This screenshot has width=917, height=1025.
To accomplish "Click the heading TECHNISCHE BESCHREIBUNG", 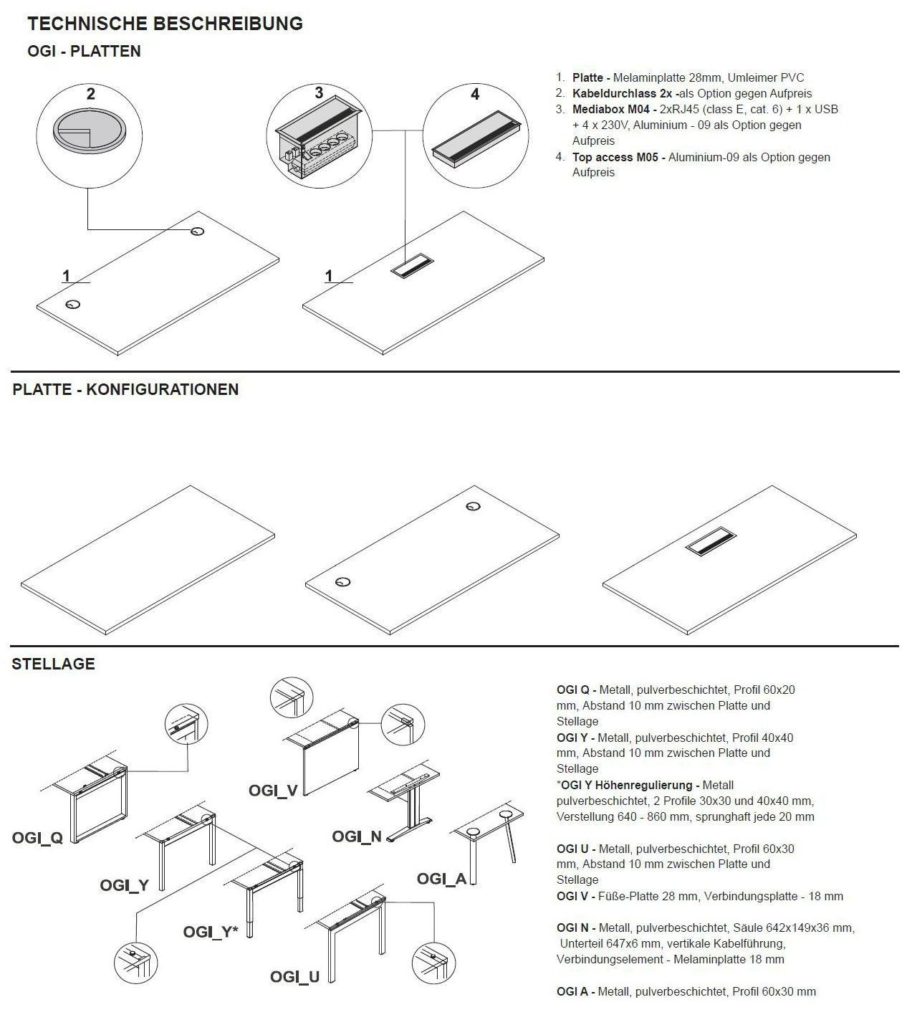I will [165, 24].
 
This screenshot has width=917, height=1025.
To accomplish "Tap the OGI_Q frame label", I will [37, 837].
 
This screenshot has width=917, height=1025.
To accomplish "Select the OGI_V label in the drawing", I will [273, 790].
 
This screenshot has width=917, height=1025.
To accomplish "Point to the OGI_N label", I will [357, 836].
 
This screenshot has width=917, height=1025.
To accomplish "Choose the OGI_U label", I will [294, 976].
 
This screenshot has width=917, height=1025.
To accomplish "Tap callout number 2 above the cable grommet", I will [90, 94].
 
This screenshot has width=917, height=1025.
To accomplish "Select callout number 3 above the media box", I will [319, 92].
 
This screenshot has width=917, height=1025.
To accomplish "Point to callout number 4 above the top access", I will [475, 94].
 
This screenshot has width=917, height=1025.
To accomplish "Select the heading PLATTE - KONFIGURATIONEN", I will [125, 390].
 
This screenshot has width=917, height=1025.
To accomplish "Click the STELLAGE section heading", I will [53, 664].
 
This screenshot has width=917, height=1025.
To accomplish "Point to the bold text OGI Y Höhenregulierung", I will [628, 785].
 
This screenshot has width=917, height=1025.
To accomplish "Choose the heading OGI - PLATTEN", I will [84, 52].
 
